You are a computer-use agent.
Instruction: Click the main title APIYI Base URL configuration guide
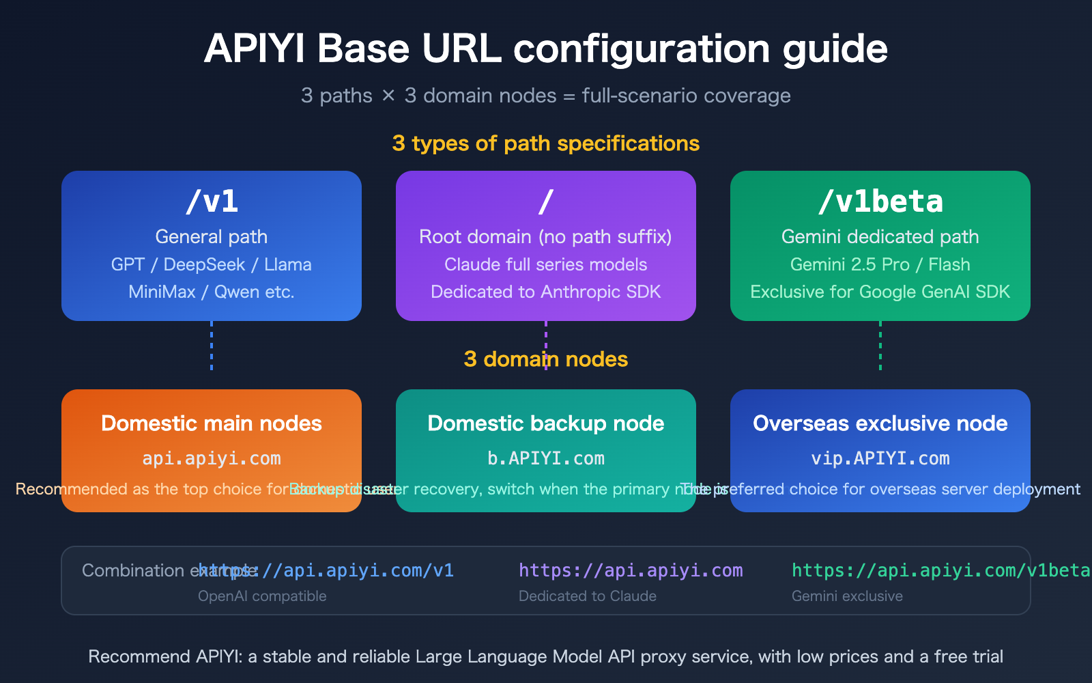click(x=546, y=49)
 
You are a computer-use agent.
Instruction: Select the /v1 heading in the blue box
click(x=212, y=201)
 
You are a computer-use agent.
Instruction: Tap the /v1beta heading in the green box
click(x=880, y=201)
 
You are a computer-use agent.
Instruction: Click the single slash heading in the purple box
click(x=545, y=201)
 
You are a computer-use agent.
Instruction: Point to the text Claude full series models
click(x=545, y=264)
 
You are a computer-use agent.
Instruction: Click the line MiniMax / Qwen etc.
click(x=212, y=292)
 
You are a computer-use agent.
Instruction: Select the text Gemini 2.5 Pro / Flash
click(x=880, y=264)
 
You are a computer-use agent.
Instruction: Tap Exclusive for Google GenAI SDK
click(x=880, y=292)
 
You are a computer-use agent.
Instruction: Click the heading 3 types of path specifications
click(x=546, y=143)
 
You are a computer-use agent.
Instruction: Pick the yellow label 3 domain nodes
click(x=546, y=359)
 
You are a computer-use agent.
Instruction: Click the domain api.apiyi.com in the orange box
click(x=212, y=458)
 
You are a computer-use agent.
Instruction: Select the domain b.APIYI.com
click(x=546, y=458)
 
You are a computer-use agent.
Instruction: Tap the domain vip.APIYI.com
click(x=880, y=458)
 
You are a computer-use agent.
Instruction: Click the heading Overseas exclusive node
click(x=880, y=423)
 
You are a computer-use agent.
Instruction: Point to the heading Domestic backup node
click(x=546, y=423)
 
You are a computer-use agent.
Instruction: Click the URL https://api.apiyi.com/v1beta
click(x=940, y=570)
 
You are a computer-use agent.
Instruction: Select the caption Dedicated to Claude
click(x=588, y=596)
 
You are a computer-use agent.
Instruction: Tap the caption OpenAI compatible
click(x=262, y=596)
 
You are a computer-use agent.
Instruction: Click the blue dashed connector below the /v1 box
click(x=212, y=346)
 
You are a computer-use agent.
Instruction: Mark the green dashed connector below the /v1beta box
click(x=880, y=346)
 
